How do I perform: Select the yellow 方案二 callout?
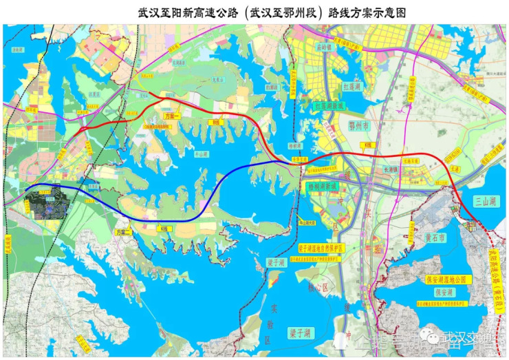[x=123, y=233]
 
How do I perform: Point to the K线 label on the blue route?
[x=163, y=228]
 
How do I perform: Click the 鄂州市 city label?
[x=360, y=127]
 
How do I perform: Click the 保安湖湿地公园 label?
[x=445, y=279]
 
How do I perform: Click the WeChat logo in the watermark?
[x=433, y=337]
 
